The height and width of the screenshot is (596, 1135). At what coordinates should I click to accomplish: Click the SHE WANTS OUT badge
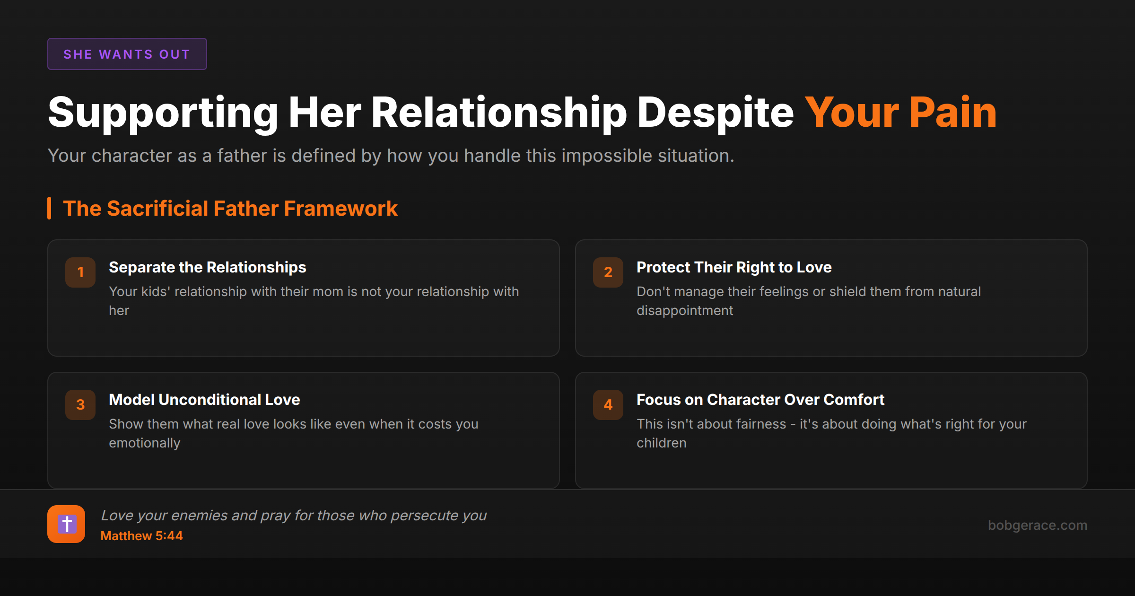pos(127,54)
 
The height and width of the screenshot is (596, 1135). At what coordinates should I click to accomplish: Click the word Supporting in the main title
pos(163,114)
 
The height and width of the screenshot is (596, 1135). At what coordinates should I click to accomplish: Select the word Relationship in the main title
pos(499,114)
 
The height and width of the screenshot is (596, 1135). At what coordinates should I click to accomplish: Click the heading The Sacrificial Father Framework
pos(230,208)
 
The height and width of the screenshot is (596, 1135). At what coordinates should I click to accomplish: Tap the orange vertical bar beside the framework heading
pos(49,208)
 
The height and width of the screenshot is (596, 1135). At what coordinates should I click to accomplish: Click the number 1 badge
pos(80,272)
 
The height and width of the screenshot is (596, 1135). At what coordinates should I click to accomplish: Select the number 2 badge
pos(608,272)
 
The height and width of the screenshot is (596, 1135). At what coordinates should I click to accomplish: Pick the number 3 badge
pos(80,405)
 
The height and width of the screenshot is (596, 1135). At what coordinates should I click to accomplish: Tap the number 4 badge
pos(608,405)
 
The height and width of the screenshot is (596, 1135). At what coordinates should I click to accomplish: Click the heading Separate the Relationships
pos(208,267)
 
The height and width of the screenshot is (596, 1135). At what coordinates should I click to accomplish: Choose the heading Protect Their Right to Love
pos(734,267)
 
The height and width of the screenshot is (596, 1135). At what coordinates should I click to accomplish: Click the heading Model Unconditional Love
pos(204,400)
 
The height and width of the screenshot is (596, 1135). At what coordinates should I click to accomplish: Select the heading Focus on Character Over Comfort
pos(760,400)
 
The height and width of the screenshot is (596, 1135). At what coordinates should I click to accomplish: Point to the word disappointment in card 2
pos(685,310)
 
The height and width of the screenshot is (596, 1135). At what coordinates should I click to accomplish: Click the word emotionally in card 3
pos(145,443)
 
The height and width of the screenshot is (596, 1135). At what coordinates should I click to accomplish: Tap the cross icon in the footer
pos(66,524)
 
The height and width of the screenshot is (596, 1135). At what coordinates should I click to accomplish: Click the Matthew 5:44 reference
pos(141,536)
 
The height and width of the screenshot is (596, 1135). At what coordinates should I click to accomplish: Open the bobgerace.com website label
pos(1038,525)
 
